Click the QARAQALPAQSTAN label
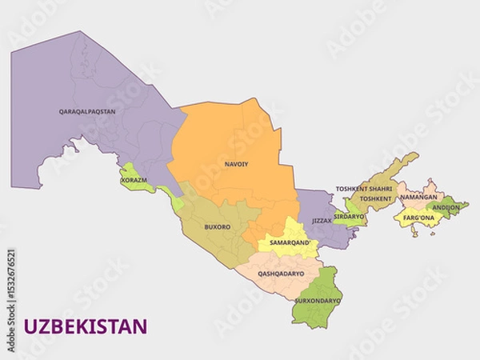[87, 111]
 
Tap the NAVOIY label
[236, 164]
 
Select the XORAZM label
[134, 180]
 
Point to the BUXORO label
[218, 226]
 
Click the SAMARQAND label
[289, 242]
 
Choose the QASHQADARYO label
[281, 274]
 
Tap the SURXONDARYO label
[318, 301]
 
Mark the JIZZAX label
[322, 220]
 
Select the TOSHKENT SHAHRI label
[364, 189]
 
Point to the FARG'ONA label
[418, 218]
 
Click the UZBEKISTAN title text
[86, 326]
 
